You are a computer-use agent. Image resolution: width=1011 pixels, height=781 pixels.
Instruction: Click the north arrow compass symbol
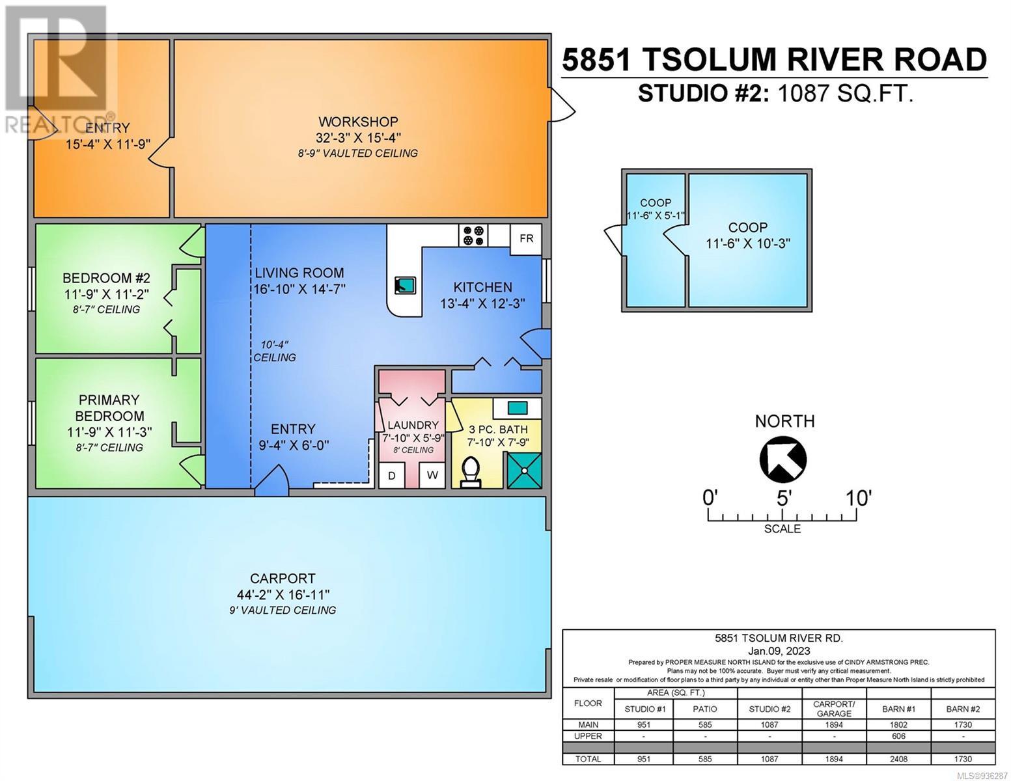(x=782, y=459)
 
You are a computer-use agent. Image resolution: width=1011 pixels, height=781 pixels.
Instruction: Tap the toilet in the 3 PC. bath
(x=470, y=472)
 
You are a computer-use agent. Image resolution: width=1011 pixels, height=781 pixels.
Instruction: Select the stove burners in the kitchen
(x=473, y=235)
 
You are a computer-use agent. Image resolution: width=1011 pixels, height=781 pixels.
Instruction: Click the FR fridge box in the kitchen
(x=526, y=239)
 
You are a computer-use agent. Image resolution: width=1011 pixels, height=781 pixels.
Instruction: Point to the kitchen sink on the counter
(x=405, y=285)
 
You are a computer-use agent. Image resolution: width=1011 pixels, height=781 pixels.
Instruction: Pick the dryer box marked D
(x=392, y=475)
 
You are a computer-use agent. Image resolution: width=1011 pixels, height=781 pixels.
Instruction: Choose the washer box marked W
(x=432, y=475)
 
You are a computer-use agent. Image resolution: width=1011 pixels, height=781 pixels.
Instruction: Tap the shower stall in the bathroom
(x=524, y=471)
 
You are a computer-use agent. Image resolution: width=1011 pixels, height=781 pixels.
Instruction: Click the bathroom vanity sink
(x=518, y=408)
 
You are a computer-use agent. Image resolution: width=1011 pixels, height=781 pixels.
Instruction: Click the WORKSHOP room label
(x=358, y=122)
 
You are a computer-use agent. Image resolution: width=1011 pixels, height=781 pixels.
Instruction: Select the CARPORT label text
(x=283, y=579)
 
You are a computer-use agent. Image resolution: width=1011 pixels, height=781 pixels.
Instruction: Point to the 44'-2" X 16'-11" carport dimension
(x=283, y=595)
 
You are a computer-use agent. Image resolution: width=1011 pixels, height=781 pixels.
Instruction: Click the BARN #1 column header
(x=898, y=709)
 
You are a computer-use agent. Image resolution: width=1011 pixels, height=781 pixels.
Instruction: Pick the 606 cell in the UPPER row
(x=898, y=736)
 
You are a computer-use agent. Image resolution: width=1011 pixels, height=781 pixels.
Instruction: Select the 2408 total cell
(x=898, y=759)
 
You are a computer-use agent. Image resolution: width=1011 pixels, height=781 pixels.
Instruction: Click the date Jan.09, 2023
(x=779, y=651)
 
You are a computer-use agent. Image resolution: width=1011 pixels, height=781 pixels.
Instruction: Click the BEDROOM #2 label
(x=106, y=278)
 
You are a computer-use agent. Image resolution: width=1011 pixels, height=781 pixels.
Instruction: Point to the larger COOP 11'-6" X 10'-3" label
(x=747, y=236)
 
